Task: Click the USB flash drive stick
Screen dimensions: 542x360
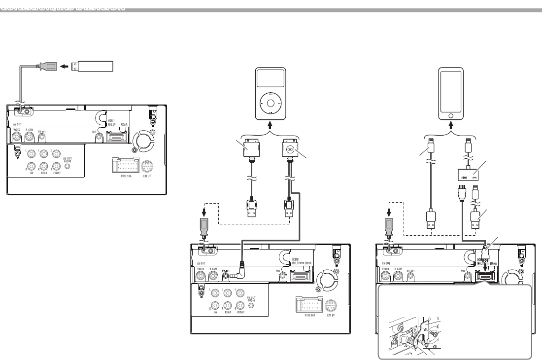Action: tap(92, 66)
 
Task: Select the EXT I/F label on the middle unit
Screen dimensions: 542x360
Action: tap(331, 314)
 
